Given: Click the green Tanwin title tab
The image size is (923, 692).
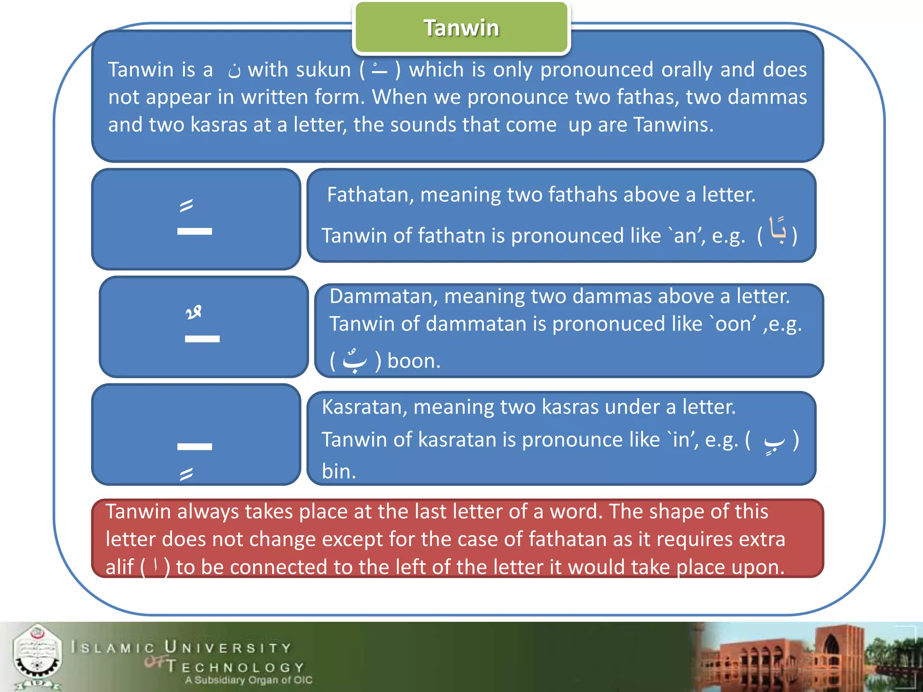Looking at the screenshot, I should click(461, 28).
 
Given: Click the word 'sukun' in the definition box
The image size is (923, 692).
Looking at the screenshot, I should click(322, 70).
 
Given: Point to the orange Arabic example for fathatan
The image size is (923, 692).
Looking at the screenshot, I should click(777, 231).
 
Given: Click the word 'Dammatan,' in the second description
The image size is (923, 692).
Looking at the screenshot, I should click(384, 296).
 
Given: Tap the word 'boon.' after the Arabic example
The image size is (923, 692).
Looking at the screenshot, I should click(414, 361).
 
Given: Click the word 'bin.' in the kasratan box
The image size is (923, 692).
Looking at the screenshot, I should click(339, 471).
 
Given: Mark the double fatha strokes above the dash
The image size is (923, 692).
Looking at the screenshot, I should click(186, 205).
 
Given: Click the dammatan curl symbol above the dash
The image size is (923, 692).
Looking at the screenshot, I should click(193, 312).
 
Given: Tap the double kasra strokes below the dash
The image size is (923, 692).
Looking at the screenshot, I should click(186, 473).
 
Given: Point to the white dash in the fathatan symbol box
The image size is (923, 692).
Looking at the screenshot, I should click(194, 232).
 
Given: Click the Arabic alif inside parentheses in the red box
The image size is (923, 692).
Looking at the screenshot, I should click(155, 565).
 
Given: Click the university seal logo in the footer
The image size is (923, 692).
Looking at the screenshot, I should click(37, 656).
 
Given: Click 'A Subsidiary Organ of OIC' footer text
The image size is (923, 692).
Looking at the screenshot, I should click(248, 680).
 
